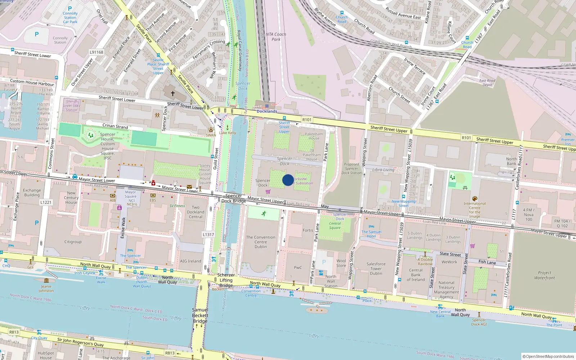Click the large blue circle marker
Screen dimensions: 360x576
pyautogui.click(x=288, y=180)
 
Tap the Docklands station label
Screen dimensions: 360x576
pyautogui.click(x=267, y=111)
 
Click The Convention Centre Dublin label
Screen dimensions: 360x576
pyautogui.click(x=261, y=242)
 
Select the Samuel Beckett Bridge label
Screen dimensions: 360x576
pyautogui.click(x=200, y=315)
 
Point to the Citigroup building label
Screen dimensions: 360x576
pyautogui.click(x=73, y=242)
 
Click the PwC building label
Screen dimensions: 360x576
pyautogui.click(x=298, y=267)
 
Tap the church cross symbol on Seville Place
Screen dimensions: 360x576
pyautogui.click(x=173, y=94)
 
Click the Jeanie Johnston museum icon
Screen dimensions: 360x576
pyautogui.click(x=46, y=280)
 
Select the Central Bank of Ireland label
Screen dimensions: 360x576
pyautogui.click(x=416, y=275)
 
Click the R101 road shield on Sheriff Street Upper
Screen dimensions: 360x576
pyautogui.click(x=307, y=120)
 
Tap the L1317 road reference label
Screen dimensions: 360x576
pyautogui.click(x=208, y=235)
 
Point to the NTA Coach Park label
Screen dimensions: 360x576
pyautogui.click(x=276, y=37)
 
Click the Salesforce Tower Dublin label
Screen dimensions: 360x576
pyautogui.click(x=376, y=269)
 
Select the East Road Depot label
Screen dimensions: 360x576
pyautogui.click(x=487, y=83)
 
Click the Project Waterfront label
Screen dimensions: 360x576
pyautogui.click(x=544, y=275)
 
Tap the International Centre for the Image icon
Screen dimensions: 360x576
pyautogui.click(x=474, y=199)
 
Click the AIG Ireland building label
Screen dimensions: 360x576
pyautogui.click(x=190, y=261)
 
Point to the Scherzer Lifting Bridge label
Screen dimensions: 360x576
pyautogui.click(x=226, y=280)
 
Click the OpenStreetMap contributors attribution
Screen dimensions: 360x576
pyautogui.click(x=548, y=356)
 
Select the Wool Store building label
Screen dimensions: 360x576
pyautogui.click(x=341, y=263)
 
